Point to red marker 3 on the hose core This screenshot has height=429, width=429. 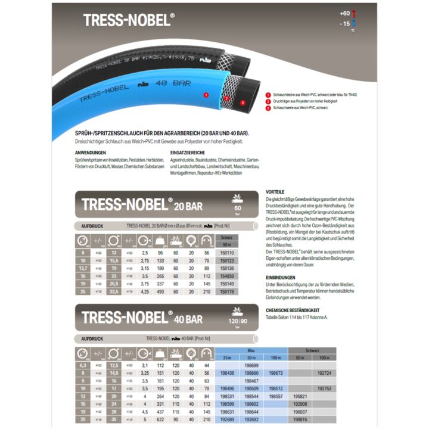pos(243,102)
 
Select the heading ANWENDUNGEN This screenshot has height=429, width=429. pos(87,153)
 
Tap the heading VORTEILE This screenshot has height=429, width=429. pos(275,192)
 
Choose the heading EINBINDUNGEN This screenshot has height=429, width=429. pos(279,278)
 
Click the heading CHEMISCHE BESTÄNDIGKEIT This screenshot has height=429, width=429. pos(293,310)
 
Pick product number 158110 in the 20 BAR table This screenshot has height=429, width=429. pos(226,253)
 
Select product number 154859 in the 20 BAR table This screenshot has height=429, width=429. pos(226,276)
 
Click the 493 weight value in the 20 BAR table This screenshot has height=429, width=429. pos(160,291)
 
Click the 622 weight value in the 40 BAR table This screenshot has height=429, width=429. pos(160,419)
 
